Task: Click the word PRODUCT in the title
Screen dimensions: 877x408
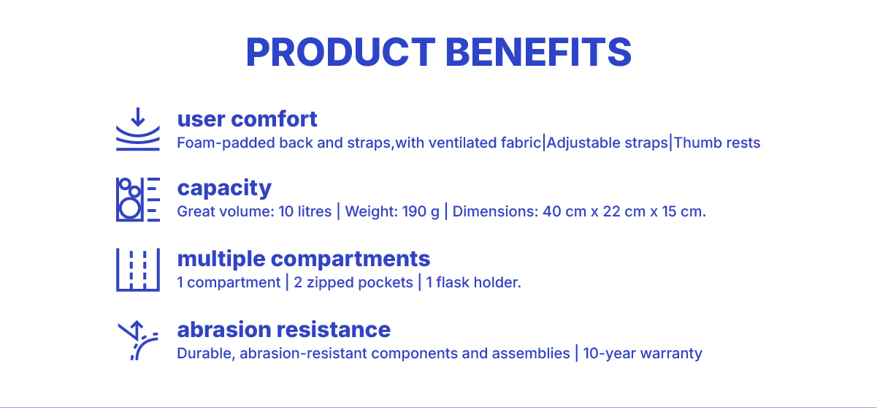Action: tap(340, 53)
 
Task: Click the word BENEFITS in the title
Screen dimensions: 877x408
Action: tap(538, 53)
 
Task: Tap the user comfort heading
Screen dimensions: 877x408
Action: tap(247, 118)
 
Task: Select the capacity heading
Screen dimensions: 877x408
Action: tap(224, 189)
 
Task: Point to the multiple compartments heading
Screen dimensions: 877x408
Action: tap(304, 260)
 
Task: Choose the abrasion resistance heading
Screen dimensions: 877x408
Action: tap(284, 330)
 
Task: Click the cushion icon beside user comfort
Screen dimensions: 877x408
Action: tap(138, 129)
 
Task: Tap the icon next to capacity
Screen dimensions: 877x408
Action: tap(138, 200)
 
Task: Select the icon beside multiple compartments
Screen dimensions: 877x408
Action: tap(138, 270)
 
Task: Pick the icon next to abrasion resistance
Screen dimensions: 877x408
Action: tap(138, 340)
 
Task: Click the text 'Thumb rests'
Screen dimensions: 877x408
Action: tap(717, 143)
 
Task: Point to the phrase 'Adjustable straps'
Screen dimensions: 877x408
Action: tap(608, 143)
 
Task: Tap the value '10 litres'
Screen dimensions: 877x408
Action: tap(305, 211)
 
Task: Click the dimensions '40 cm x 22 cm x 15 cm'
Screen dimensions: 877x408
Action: tap(624, 212)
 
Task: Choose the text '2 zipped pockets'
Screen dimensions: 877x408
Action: tap(353, 282)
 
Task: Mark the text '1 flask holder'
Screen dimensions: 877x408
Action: tap(472, 282)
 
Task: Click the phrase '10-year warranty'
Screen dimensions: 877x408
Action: tap(643, 353)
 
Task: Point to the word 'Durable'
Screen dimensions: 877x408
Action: tap(205, 353)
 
